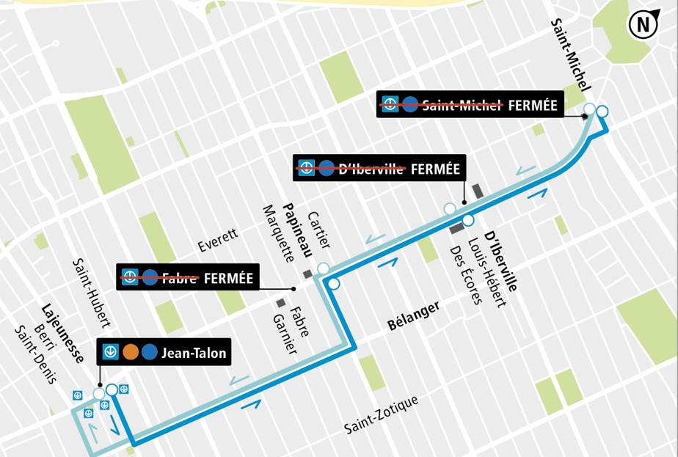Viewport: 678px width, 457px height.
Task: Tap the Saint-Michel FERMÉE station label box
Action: [470, 105]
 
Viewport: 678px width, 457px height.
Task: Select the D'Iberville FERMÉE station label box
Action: [379, 169]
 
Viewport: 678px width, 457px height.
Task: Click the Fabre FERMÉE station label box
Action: [189, 278]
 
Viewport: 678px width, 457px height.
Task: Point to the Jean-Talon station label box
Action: [165, 353]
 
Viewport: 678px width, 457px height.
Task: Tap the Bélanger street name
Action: [414, 315]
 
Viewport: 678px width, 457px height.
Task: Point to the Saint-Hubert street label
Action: [92, 293]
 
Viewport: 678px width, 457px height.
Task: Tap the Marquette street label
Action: [277, 237]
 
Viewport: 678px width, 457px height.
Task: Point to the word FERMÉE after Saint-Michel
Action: [533, 105]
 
